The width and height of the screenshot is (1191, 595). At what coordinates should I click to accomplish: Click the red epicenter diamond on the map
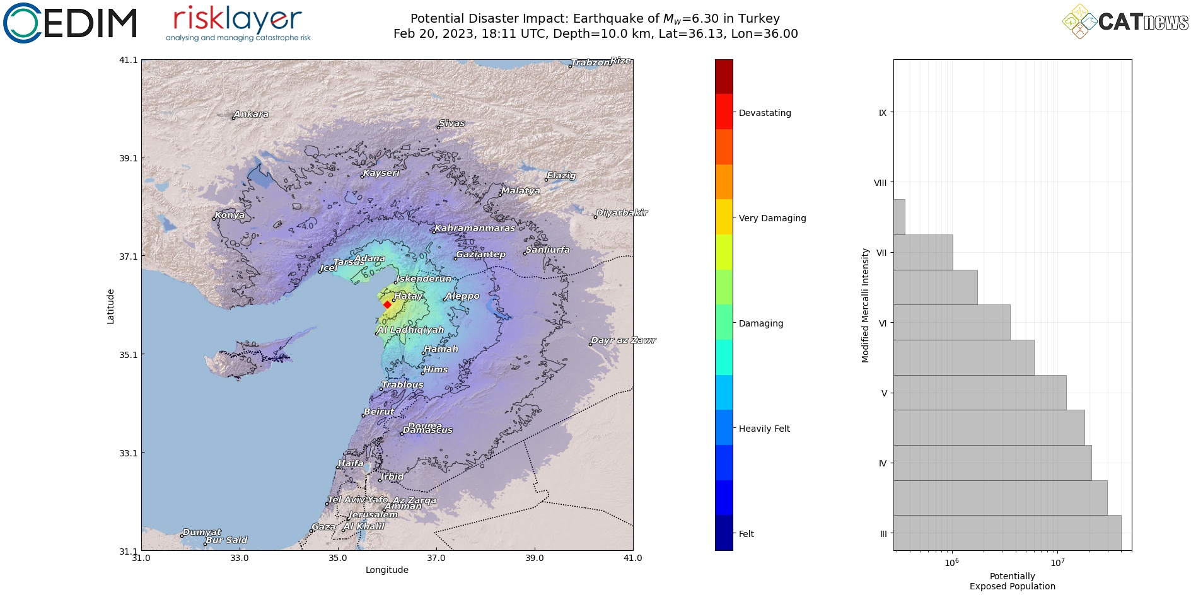pos(387,304)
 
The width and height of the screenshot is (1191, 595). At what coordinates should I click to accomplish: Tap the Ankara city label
pos(251,114)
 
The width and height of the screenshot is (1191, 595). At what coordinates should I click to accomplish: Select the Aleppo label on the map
pos(462,296)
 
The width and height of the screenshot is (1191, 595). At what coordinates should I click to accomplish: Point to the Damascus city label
pos(427,430)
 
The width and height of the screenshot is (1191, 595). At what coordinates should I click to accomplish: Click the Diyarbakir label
pos(622,212)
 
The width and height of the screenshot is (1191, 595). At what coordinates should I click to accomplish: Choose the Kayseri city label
pos(381,173)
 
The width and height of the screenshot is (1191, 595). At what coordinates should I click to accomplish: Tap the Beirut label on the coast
pos(379,412)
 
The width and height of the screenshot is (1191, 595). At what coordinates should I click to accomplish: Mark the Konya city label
pos(229,215)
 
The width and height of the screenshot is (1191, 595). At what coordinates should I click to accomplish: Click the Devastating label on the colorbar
pos(765,113)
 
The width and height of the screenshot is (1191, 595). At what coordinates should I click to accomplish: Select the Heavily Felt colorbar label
pos(764,429)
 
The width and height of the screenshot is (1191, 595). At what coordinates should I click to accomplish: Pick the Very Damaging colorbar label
pos(772,218)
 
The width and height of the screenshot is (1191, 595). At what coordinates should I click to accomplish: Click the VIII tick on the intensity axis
pos(880,183)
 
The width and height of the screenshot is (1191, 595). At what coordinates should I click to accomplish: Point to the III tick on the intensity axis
pos(883,534)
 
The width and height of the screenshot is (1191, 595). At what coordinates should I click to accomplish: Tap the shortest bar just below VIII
pos(899,217)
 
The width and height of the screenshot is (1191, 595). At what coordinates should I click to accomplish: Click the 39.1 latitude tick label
pos(128,158)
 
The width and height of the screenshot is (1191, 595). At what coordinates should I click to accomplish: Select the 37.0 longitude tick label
pos(436,558)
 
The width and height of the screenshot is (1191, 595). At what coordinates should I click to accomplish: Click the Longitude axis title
pos(386,570)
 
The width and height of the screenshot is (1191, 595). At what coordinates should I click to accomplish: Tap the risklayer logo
pos(238,23)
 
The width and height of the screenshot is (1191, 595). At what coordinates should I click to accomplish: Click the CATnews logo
pos(1125,21)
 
